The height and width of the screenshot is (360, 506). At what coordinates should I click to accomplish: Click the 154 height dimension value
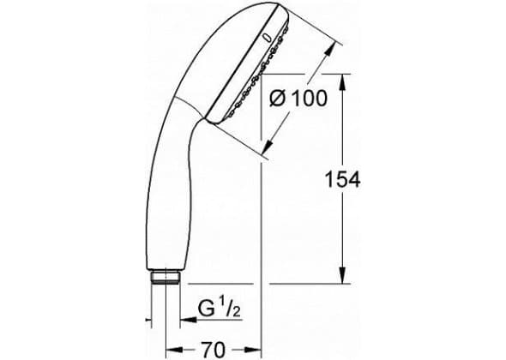click(342, 180)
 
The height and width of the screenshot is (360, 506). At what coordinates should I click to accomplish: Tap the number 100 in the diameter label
click(310, 98)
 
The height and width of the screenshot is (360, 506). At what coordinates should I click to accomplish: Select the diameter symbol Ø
click(277, 99)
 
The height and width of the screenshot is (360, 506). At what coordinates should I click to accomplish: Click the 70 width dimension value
click(214, 350)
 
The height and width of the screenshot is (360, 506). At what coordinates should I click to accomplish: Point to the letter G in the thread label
click(206, 309)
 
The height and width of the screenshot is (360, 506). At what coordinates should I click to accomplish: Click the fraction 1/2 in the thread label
click(230, 309)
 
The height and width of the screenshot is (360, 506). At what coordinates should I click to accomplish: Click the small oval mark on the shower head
click(267, 38)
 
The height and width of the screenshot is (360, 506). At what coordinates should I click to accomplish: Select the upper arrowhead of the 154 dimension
click(343, 82)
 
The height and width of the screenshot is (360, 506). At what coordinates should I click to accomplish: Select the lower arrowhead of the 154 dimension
click(343, 275)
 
